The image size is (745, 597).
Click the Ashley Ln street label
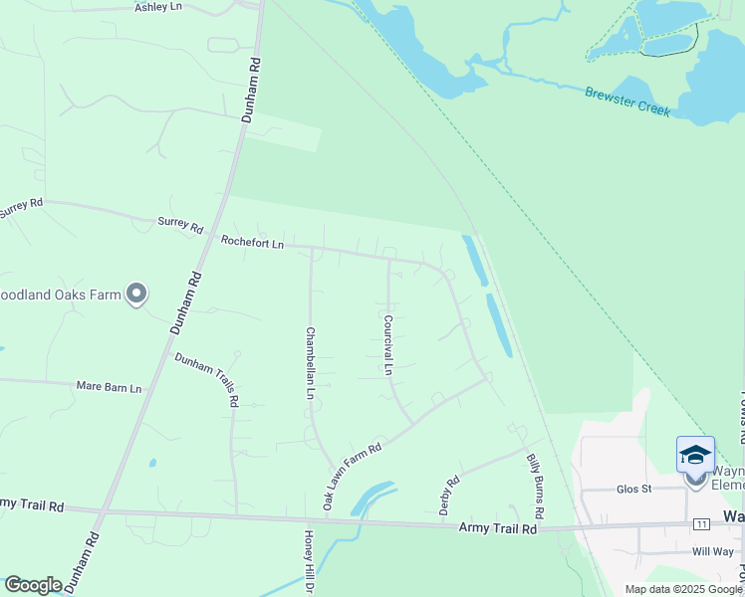pyautogui.click(x=158, y=7)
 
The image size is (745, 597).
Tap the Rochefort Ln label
pyautogui.click(x=252, y=242)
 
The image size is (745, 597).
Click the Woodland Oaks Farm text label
pyautogui.click(x=60, y=295)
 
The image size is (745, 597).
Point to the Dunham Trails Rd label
pyautogui.click(x=207, y=379)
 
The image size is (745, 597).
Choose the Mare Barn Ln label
pyautogui.click(x=110, y=386)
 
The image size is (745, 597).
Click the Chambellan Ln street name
pyautogui.click(x=310, y=364)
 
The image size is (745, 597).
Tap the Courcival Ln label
pyautogui.click(x=387, y=345)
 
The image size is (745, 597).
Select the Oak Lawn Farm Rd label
pyautogui.click(x=353, y=477)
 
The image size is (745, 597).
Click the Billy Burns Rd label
pyautogui.click(x=535, y=486)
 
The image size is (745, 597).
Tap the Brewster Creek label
pyautogui.click(x=627, y=100)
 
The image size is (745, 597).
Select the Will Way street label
pyautogui.click(x=713, y=551)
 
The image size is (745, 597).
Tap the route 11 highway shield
pyautogui.click(x=703, y=523)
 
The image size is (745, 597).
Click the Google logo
pyautogui.click(x=33, y=585)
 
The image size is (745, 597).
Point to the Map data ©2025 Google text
pyautogui.click(x=683, y=589)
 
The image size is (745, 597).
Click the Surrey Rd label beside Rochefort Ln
pyautogui.click(x=180, y=223)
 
